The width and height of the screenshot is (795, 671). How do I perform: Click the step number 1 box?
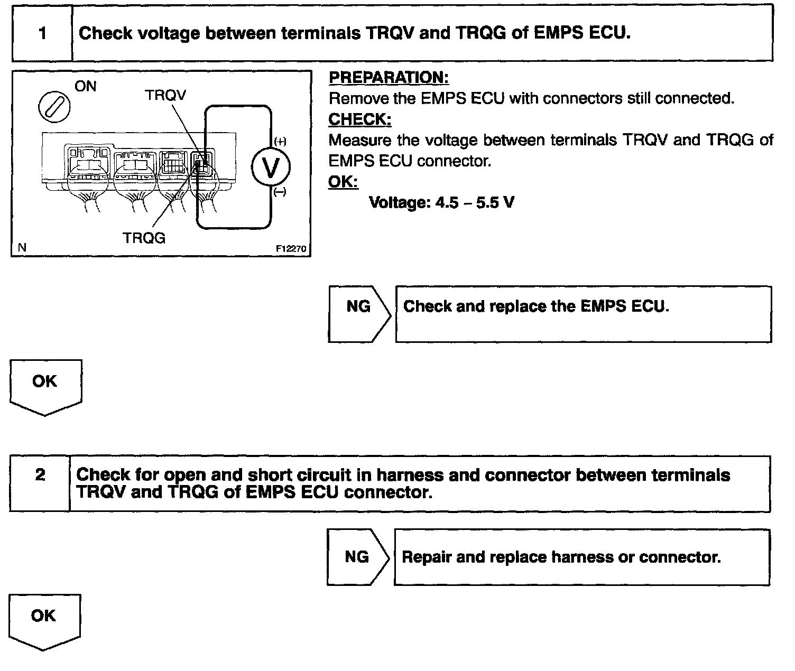[42, 34]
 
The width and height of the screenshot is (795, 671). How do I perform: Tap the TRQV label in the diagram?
[165, 95]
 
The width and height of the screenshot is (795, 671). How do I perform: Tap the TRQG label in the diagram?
[144, 238]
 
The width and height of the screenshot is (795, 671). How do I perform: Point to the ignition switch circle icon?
[54, 107]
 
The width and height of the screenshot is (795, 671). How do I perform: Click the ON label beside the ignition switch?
[86, 87]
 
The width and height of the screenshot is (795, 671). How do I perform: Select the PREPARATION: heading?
[389, 78]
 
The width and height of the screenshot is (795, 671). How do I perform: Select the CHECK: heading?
[360, 120]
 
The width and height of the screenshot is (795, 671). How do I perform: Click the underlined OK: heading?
[343, 182]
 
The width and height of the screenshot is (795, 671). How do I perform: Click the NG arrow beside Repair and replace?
[357, 557]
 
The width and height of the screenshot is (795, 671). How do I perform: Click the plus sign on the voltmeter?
[280, 142]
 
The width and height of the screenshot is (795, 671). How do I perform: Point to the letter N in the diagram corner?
[22, 247]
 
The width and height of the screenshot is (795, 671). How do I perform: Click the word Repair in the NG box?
[426, 557]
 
